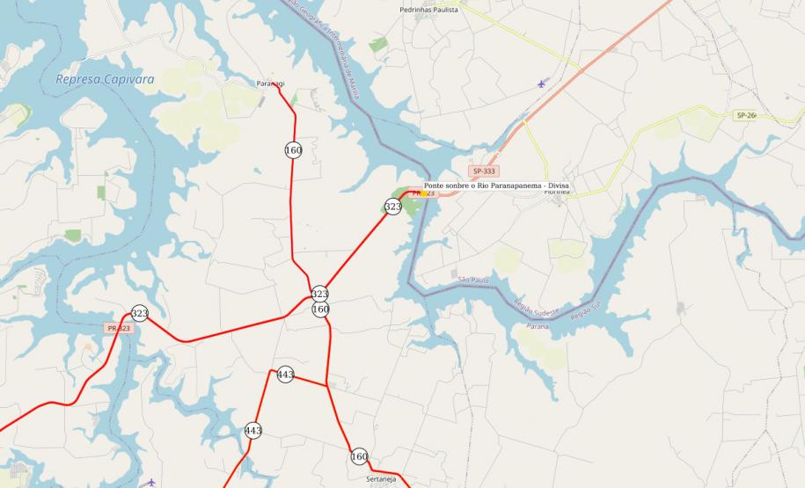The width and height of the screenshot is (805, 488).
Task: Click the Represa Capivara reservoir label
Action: [105, 79]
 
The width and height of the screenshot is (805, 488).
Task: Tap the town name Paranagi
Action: [271, 83]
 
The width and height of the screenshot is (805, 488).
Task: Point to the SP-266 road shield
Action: [745, 115]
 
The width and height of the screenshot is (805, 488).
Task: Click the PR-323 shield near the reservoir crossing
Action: [118, 328]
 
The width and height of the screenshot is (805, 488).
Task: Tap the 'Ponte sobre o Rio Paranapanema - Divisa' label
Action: [497, 186]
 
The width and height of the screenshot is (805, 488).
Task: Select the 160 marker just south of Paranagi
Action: [293, 150]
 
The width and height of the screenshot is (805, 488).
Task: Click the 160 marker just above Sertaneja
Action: [359, 456]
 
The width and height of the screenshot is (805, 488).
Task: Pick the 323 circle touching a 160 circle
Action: [320, 294]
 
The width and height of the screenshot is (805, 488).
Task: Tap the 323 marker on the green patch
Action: [392, 207]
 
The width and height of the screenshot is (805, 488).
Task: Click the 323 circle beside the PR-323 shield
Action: [139, 313]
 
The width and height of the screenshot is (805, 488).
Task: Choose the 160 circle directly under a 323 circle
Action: [320, 310]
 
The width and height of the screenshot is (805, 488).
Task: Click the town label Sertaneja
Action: [382, 479]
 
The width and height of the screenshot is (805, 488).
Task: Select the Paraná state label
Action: [538, 326]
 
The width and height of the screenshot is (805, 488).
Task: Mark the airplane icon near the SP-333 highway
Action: [541, 84]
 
